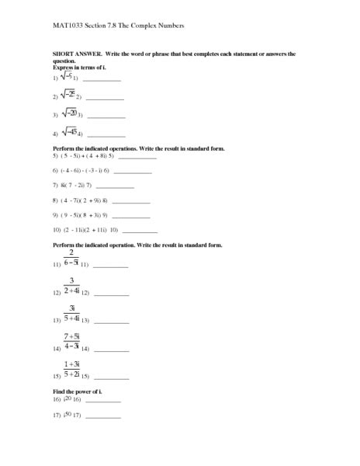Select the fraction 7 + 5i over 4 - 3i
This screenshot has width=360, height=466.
71,342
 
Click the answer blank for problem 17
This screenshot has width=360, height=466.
102,417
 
